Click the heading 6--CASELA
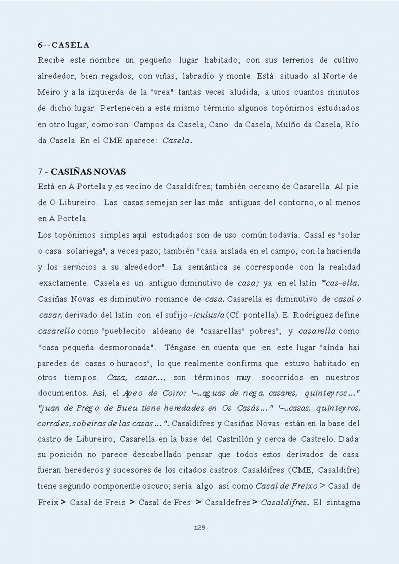point(63,45)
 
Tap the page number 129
point(199,528)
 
